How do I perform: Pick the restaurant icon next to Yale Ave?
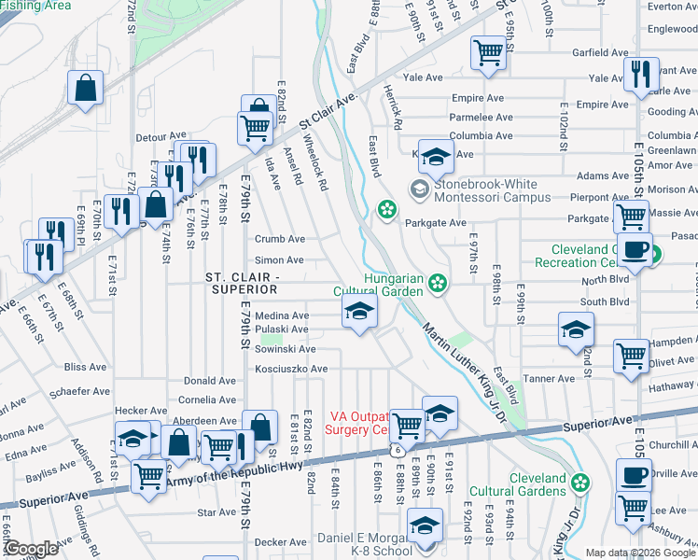click(639, 74)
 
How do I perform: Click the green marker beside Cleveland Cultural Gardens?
click(580, 483)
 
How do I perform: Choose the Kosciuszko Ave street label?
click(291, 369)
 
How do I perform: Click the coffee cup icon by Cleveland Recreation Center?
click(635, 250)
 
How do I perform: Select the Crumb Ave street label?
click(280, 239)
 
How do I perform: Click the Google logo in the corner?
click(31, 549)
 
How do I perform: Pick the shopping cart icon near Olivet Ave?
click(632, 356)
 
